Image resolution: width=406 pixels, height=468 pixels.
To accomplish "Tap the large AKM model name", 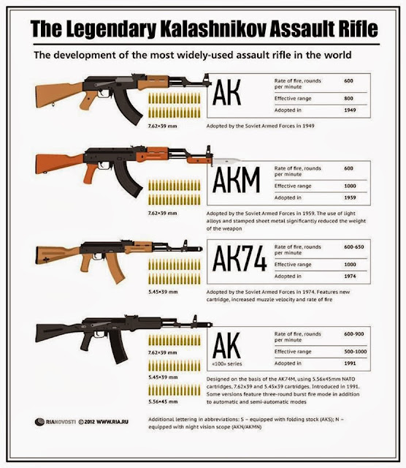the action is point(236,180).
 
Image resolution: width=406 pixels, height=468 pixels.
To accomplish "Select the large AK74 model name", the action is point(240,258).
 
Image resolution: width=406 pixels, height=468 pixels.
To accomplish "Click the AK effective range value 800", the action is point(348,98).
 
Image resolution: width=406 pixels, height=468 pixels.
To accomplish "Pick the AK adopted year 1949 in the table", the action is point(350,110).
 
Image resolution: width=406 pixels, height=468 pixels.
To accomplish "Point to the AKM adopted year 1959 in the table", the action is point(350,197).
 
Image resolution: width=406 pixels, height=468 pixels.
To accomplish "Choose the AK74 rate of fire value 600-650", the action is point(354,247).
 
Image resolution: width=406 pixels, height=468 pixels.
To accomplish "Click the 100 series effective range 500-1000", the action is point(356,352).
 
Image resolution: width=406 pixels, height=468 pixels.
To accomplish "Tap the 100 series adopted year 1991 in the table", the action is point(350,363).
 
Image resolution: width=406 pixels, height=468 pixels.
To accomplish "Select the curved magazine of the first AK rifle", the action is point(128,106).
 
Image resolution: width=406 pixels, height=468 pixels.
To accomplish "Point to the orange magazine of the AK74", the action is point(115,268).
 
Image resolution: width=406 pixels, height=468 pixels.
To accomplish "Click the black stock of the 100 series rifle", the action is point(57,332).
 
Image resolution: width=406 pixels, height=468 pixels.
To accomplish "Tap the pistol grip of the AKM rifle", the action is point(91,173).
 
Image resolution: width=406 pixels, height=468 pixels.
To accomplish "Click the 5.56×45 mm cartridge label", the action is point(163,401).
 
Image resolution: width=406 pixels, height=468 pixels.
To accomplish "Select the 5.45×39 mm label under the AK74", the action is point(163,292).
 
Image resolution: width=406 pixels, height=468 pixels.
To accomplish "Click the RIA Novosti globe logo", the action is point(39,422).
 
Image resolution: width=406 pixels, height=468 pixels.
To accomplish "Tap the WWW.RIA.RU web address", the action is point(112,422).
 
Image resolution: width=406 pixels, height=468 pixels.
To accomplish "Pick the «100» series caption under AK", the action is point(227,364).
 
